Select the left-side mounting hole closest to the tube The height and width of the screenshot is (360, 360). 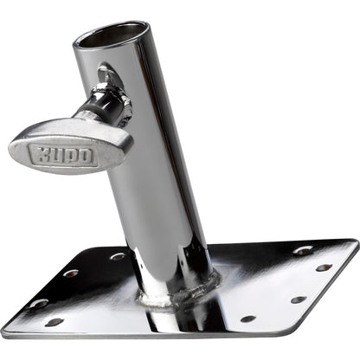[117, 256]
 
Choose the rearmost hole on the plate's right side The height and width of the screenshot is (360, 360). [303, 250]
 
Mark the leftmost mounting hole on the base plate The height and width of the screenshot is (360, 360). [38, 304]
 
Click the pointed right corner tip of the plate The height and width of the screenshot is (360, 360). [357, 245]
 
